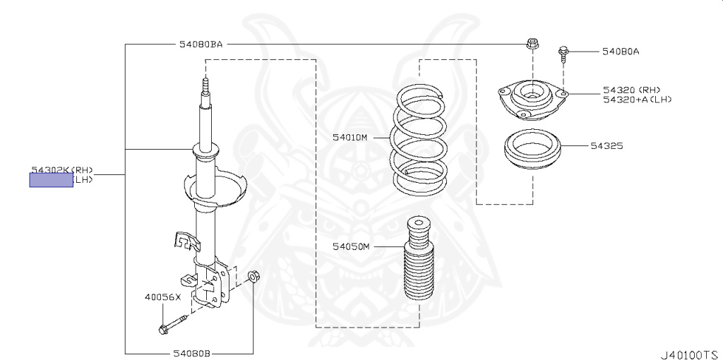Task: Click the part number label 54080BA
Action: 200,44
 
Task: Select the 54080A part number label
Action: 621,52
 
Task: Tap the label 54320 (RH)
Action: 631,90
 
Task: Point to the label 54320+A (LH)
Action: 637,100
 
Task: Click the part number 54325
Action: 607,146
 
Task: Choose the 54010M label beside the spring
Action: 350,138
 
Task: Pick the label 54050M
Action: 351,246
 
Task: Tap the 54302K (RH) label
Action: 62,170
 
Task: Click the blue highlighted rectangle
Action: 50,181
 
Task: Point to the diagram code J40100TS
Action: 688,352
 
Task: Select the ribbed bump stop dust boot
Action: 418,268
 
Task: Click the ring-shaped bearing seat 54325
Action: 532,151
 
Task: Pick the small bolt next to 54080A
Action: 563,54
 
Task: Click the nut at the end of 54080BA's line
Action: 531,44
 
